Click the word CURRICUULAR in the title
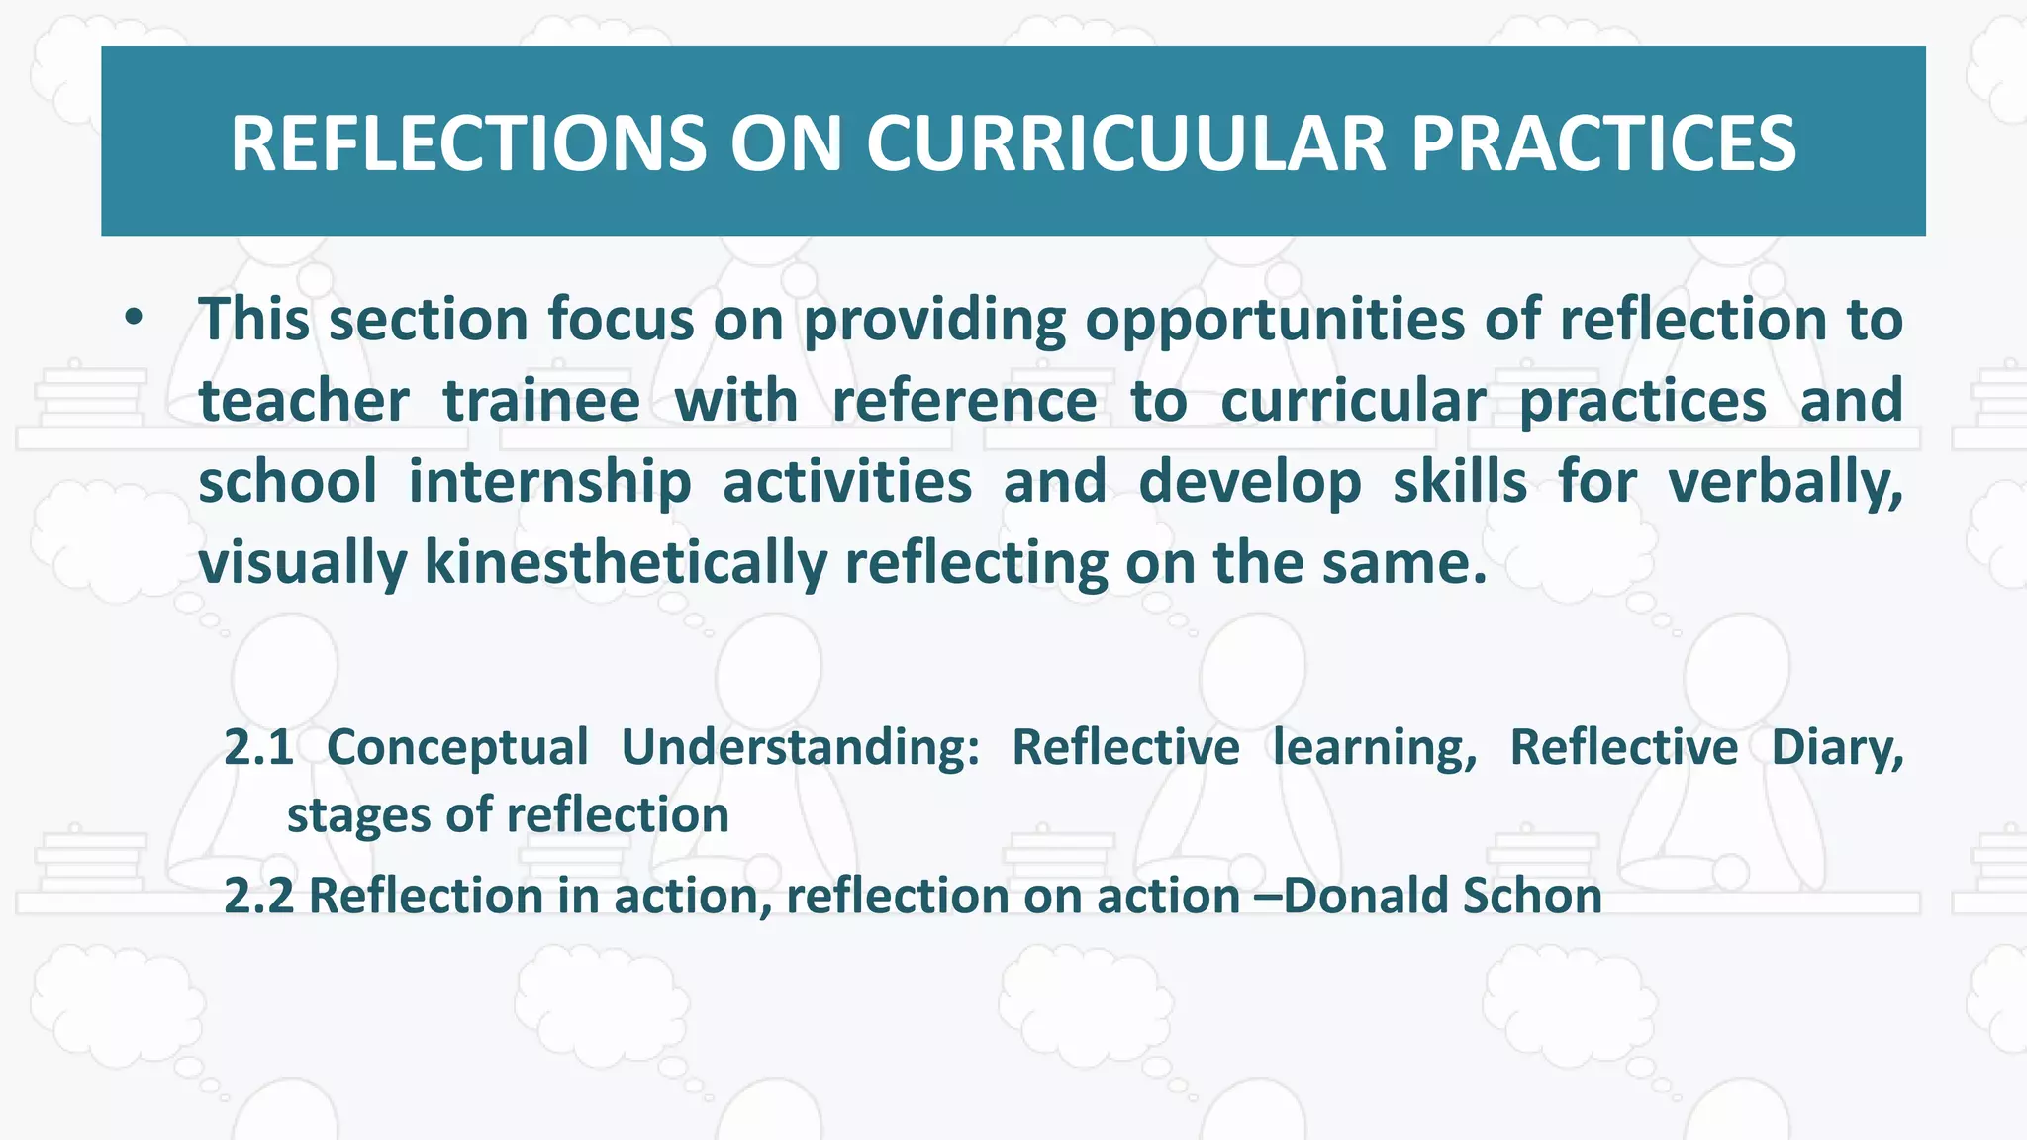tap(1126, 142)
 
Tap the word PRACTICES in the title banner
tap(1602, 142)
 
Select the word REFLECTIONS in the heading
tap(468, 142)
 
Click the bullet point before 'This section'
tap(135, 319)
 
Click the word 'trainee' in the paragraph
tap(540, 401)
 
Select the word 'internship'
tap(549, 483)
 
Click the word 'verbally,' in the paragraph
tap(1785, 483)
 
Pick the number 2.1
tap(258, 747)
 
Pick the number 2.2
tap(258, 896)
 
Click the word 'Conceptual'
tap(457, 747)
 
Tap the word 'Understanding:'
tap(800, 747)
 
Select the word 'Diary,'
tap(1837, 747)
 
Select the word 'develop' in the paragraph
tap(1249, 483)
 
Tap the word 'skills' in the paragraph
tap(1460, 483)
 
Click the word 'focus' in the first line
tap(622, 321)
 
